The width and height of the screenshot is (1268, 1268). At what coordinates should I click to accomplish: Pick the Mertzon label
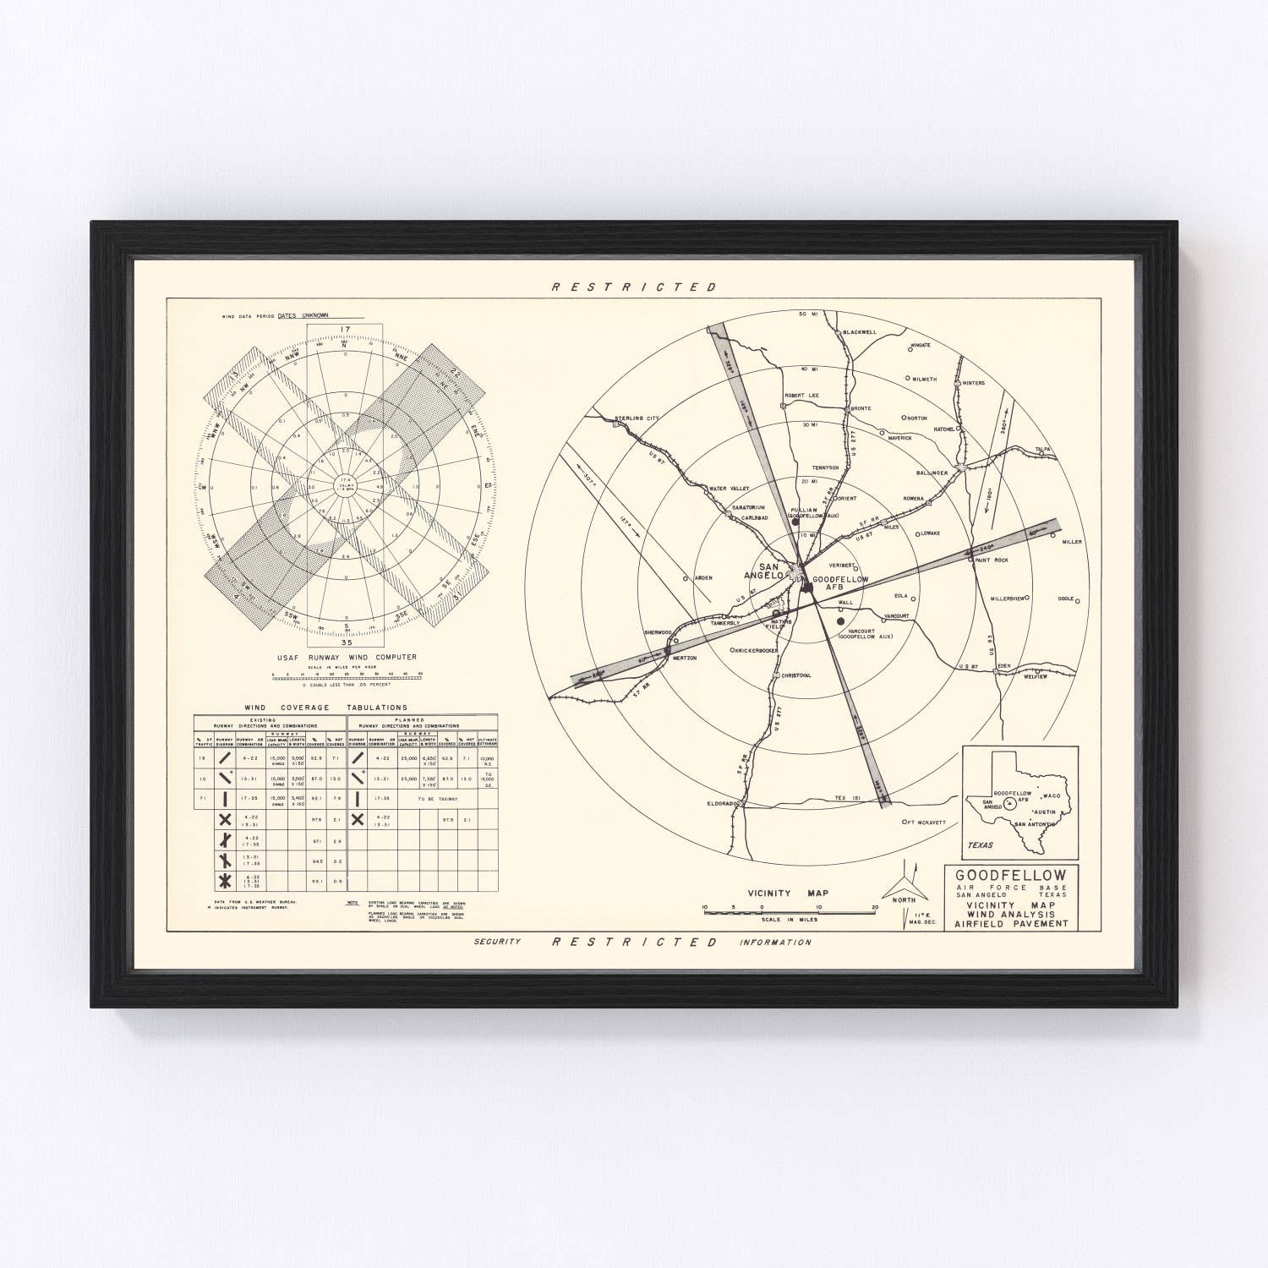[x=684, y=657]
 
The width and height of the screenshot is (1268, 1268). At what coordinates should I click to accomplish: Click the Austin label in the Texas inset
[x=1045, y=812]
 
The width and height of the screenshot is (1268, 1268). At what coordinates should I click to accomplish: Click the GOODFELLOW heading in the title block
[x=1011, y=875]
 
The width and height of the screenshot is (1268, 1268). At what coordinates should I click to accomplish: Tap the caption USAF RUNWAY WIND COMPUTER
[x=346, y=657]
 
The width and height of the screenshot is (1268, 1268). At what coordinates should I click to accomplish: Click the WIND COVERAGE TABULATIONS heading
[x=325, y=708]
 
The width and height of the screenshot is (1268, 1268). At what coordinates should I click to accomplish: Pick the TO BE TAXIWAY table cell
[x=436, y=798]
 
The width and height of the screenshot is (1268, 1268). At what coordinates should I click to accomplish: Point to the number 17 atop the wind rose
[x=344, y=331]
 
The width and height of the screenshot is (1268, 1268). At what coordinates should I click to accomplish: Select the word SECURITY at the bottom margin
[x=496, y=942]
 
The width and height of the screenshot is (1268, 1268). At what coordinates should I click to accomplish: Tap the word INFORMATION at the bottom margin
[x=774, y=942]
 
